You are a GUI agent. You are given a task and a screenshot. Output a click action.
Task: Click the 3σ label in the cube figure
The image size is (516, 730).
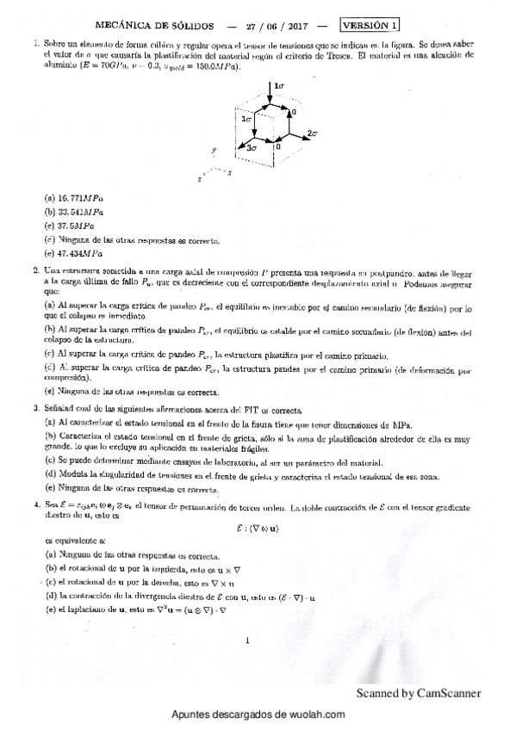pyautogui.click(x=252, y=149)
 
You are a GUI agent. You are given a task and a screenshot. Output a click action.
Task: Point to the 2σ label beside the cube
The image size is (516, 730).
pyautogui.click(x=313, y=134)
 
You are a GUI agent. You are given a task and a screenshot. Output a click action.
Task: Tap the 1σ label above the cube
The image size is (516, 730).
pyautogui.click(x=279, y=86)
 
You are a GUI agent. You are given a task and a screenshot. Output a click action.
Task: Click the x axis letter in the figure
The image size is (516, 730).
pyautogui.click(x=230, y=172)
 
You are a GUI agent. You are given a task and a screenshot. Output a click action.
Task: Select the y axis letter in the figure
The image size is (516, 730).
pyautogui.click(x=212, y=151)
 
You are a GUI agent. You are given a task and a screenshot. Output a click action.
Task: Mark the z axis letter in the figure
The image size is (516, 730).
pyautogui.click(x=200, y=180)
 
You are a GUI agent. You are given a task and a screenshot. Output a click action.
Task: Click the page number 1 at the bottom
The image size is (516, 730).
pyautogui.click(x=246, y=640)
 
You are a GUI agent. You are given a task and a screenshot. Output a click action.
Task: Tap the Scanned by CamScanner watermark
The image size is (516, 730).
pyautogui.click(x=418, y=693)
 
